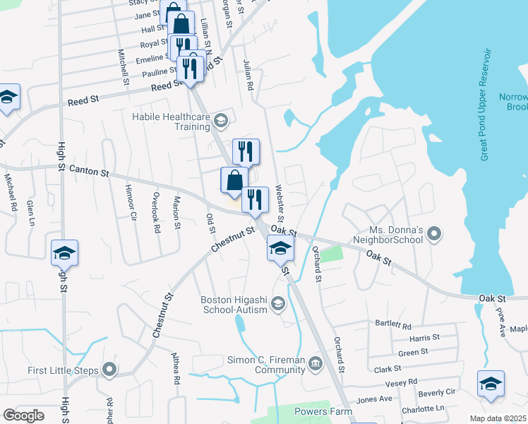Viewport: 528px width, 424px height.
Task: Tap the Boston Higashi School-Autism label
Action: [234, 305]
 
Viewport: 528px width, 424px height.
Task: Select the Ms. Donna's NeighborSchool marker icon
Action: [434, 233]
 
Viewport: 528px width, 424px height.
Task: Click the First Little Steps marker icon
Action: [109, 370]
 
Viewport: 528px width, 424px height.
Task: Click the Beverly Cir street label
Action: [437, 392]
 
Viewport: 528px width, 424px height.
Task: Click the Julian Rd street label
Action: [248, 74]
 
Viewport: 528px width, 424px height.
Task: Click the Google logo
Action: [24, 416]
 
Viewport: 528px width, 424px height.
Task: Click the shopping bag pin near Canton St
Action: [234, 181]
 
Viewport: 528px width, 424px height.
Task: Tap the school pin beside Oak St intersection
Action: [280, 249]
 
